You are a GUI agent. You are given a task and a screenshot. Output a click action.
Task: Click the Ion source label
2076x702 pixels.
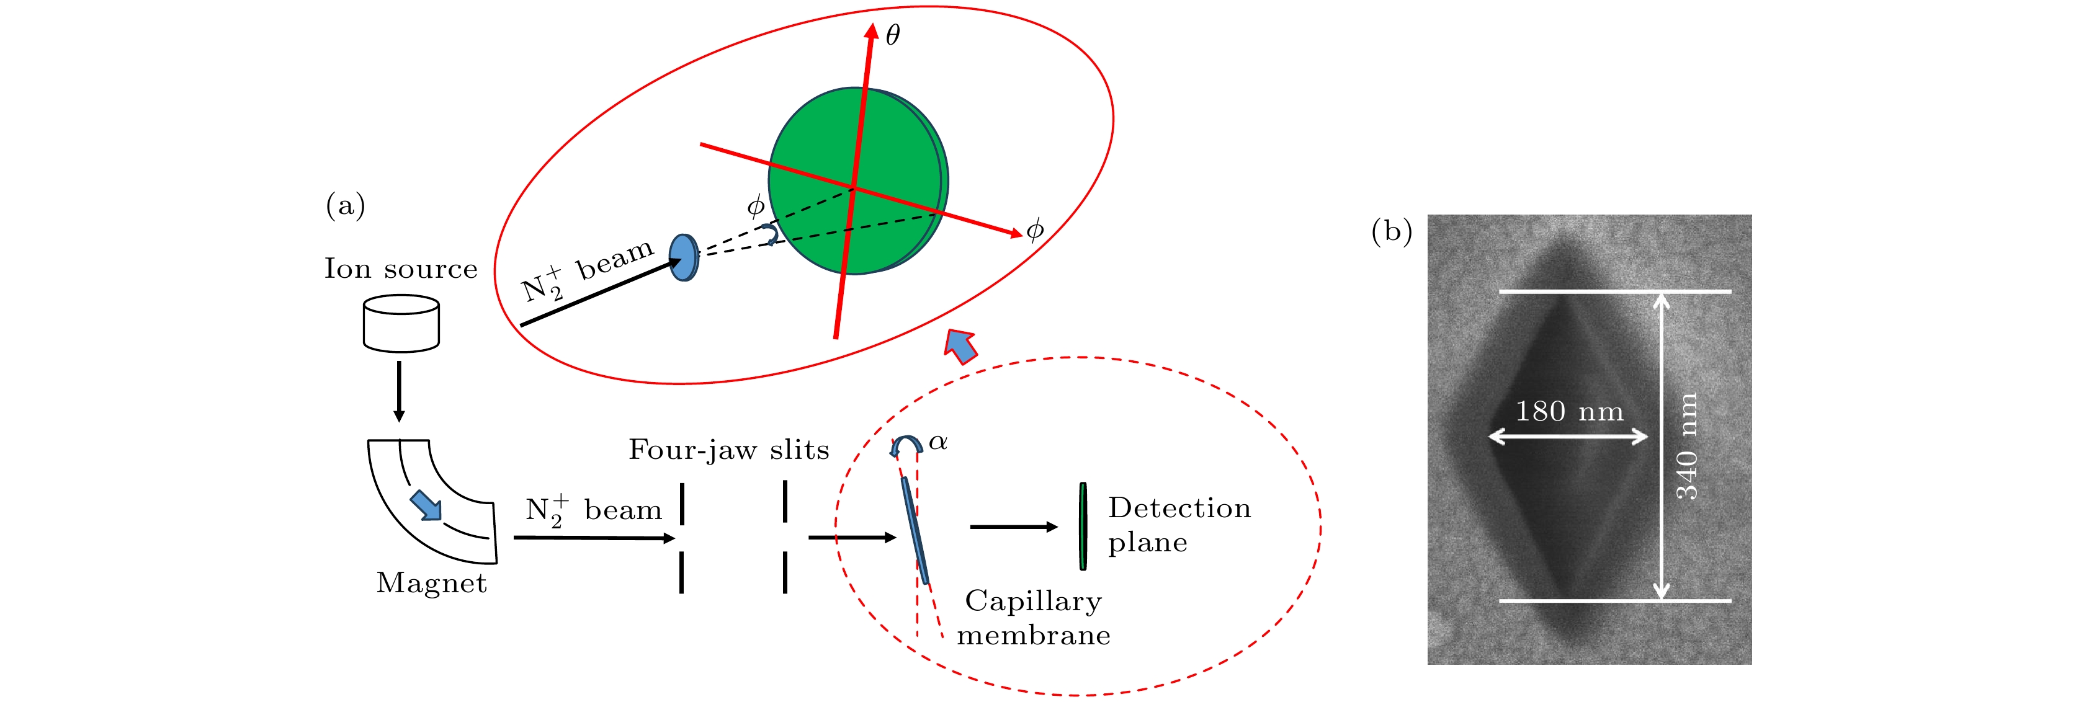click(401, 269)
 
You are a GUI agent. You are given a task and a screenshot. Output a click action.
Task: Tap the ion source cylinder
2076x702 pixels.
click(401, 323)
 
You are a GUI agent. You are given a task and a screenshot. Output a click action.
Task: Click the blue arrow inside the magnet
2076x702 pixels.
click(426, 505)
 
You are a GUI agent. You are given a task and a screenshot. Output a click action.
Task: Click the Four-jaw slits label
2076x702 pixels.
click(728, 449)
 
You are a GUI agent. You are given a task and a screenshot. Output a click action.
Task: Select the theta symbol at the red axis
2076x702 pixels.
click(893, 35)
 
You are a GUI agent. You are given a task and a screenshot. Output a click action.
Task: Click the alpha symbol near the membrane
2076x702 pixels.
click(938, 442)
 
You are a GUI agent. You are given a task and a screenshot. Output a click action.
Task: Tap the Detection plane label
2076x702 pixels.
click(1179, 525)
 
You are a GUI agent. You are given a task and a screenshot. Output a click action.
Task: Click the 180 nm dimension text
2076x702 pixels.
click(1569, 411)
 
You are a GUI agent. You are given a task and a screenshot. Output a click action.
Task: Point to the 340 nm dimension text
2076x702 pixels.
click(1687, 447)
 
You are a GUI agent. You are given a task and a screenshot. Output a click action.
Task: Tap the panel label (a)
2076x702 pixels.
click(346, 205)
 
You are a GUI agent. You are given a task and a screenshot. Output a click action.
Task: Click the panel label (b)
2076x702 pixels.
click(1392, 231)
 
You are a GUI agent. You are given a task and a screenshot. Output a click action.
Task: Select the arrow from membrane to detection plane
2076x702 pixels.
click(1014, 527)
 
